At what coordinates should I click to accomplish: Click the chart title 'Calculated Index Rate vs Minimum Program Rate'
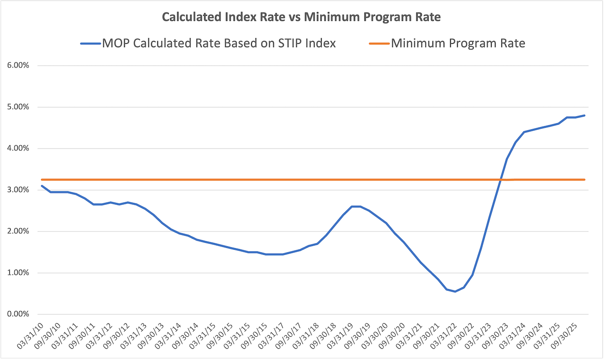(x=302, y=17)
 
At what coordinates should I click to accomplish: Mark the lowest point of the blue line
(x=455, y=292)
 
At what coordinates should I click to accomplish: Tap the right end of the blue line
(x=584, y=115)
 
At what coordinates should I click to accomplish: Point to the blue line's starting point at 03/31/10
(x=42, y=186)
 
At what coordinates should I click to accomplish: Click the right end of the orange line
(x=584, y=180)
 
